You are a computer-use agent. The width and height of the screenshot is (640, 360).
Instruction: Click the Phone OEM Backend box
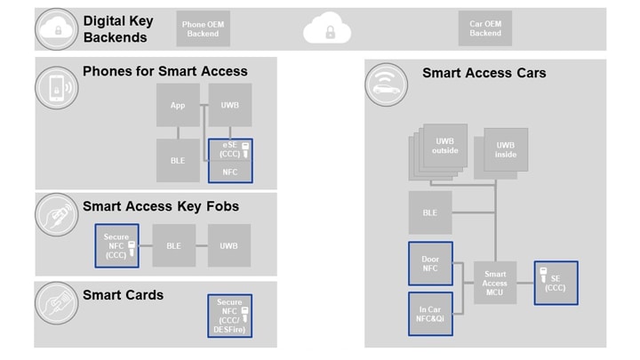click(203, 28)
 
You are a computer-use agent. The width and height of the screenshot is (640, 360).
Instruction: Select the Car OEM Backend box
click(485, 28)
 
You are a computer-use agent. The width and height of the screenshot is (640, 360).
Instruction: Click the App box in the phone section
click(178, 106)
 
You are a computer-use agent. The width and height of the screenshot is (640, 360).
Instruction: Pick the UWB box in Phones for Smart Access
click(230, 106)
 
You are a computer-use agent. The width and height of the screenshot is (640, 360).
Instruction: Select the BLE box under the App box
click(178, 161)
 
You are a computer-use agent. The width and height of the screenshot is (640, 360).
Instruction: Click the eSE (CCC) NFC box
click(230, 161)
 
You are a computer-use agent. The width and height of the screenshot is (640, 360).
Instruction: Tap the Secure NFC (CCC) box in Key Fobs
click(117, 245)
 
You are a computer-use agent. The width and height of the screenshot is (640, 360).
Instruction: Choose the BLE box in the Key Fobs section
click(174, 245)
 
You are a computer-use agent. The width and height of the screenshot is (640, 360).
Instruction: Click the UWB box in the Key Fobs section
click(229, 245)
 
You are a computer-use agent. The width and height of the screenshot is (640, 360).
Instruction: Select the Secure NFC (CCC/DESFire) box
click(229, 316)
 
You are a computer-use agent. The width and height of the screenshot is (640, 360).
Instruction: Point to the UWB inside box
click(506, 150)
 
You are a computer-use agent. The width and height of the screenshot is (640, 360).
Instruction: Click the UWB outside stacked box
click(444, 147)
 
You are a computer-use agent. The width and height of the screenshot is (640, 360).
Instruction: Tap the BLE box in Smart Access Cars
click(430, 213)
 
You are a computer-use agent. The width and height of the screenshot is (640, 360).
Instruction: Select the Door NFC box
click(430, 264)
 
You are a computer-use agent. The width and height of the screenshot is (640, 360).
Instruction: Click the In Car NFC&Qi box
click(430, 314)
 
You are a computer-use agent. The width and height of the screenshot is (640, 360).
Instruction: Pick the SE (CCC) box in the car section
click(556, 283)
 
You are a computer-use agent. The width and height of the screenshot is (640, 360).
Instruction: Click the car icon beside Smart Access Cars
click(386, 86)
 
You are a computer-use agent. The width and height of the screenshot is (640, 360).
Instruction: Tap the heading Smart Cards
click(123, 294)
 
